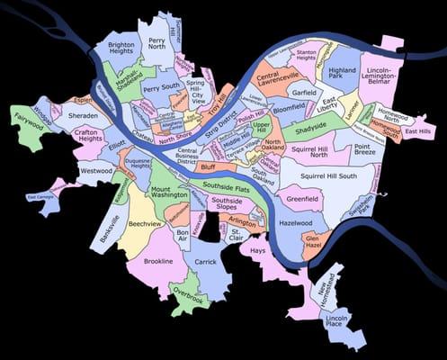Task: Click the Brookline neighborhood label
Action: (x=157, y=261)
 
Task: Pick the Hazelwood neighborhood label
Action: (x=295, y=222)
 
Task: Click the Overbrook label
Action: (x=188, y=294)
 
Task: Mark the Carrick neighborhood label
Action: (x=206, y=262)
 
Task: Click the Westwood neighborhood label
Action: (x=95, y=170)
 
